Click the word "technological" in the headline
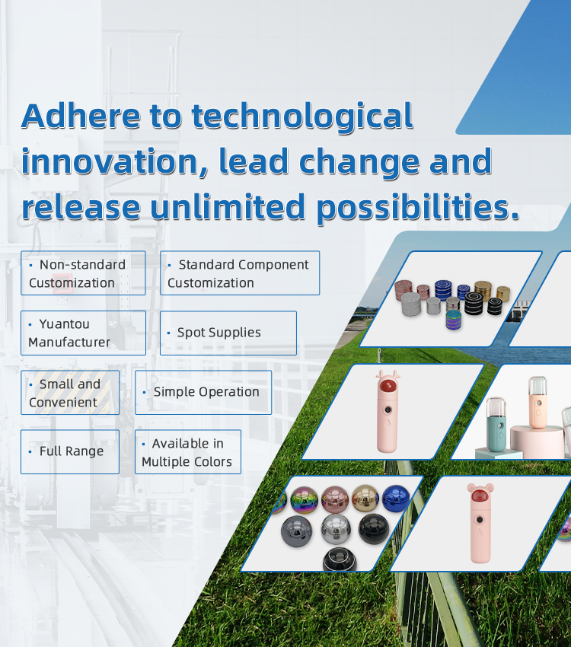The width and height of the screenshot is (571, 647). tap(302, 116)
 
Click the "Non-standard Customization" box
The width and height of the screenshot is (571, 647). tap(83, 273)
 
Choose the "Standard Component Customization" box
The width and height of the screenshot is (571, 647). tap(240, 273)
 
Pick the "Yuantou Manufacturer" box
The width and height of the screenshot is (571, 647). tap(83, 333)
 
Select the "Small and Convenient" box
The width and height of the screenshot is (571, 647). tap(70, 393)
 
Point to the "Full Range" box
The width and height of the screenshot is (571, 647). tap(70, 452)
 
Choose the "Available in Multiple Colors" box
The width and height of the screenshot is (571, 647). tap(188, 452)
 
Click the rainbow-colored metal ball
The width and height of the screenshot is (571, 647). tap(305, 499)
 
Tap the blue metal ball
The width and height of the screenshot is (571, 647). tap(396, 499)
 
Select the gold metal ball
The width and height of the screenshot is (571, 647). tap(365, 498)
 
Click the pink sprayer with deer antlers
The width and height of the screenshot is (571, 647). tap(387, 411)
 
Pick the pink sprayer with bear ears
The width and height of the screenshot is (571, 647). tap(480, 523)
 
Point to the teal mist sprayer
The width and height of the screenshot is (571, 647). tap(496, 424)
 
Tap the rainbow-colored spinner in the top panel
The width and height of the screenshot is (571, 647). tap(454, 320)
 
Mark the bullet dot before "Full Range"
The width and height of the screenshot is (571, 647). tap(30, 452)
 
